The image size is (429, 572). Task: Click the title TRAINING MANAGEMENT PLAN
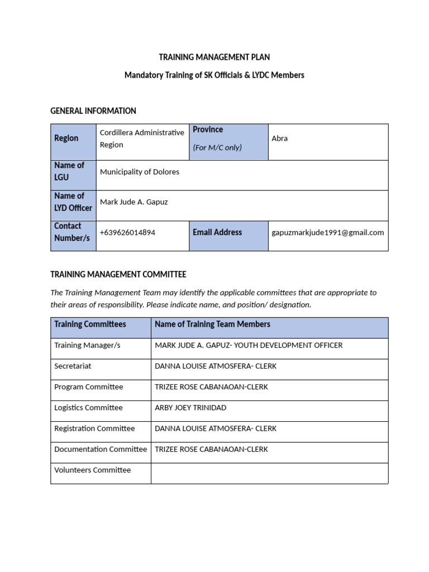click(x=214, y=57)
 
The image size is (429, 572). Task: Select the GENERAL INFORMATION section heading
click(x=93, y=111)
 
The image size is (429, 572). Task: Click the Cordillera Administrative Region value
click(x=142, y=139)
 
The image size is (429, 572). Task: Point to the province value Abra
click(x=279, y=138)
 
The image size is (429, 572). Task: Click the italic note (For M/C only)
click(x=217, y=147)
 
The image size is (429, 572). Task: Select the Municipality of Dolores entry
click(x=140, y=171)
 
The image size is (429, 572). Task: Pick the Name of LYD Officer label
click(x=73, y=202)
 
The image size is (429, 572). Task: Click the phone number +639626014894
click(x=127, y=232)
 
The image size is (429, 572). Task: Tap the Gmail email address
click(x=328, y=232)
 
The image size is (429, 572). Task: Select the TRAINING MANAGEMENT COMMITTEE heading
click(x=118, y=274)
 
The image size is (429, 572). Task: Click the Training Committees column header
click(x=90, y=324)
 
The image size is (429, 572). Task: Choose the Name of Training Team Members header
click(x=212, y=324)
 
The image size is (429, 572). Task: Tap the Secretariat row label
click(x=73, y=366)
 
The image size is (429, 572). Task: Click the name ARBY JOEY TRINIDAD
click(x=190, y=407)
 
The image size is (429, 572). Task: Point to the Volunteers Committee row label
click(x=92, y=470)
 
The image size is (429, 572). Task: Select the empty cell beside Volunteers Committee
click(x=269, y=473)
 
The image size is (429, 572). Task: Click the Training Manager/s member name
click(x=249, y=345)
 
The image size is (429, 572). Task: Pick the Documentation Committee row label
click(x=101, y=449)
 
